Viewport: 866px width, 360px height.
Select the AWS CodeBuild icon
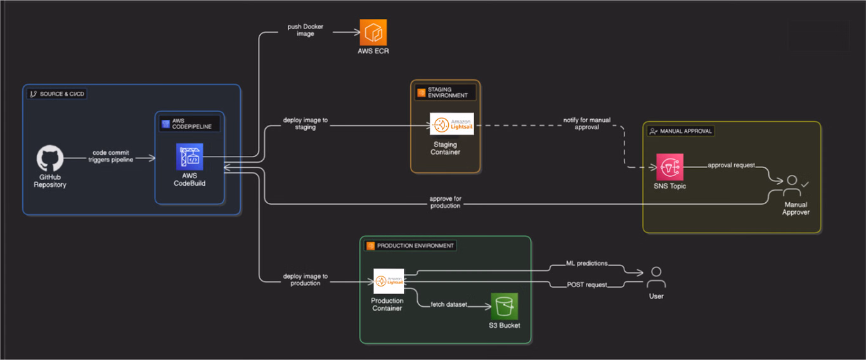pyautogui.click(x=190, y=157)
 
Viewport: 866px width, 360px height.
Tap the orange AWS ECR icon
pyautogui.click(x=373, y=32)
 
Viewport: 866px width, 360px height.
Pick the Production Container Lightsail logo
pyautogui.click(x=389, y=281)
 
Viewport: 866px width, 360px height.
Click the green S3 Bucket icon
pyautogui.click(x=504, y=306)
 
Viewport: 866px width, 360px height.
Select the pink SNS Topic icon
pyautogui.click(x=669, y=167)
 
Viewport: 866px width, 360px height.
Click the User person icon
pyautogui.click(x=656, y=278)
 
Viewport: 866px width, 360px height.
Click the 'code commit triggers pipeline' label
pyautogui.click(x=111, y=156)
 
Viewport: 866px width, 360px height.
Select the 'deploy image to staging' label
pyautogui.click(x=306, y=123)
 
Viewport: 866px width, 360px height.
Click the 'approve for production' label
pyautogui.click(x=445, y=202)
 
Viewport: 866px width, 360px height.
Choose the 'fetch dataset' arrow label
pyautogui.click(x=449, y=305)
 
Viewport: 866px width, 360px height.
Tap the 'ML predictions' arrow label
pyautogui.click(x=586, y=263)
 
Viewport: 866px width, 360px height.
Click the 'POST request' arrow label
pyautogui.click(x=586, y=285)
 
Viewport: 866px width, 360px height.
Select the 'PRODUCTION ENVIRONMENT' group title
pyautogui.click(x=415, y=245)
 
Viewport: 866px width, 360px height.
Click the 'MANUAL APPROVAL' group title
pyautogui.click(x=686, y=131)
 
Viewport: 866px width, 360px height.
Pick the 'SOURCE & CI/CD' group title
pyautogui.click(x=61, y=94)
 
